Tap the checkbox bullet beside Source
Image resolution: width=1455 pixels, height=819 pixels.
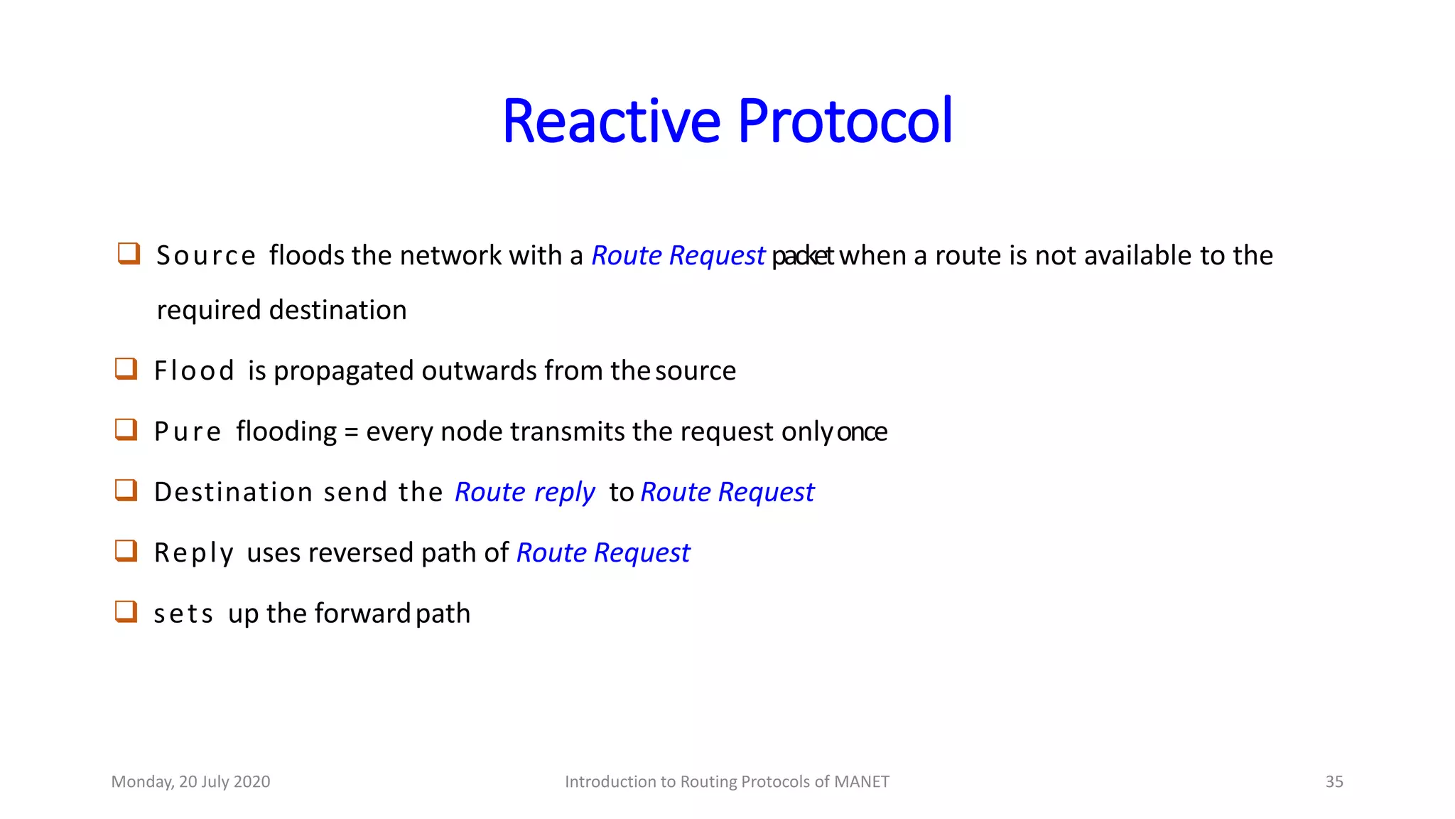click(129, 253)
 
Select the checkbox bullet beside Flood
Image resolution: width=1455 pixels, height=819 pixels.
click(126, 368)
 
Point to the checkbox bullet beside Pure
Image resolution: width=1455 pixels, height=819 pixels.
click(126, 429)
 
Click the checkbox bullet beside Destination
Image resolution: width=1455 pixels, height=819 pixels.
click(126, 490)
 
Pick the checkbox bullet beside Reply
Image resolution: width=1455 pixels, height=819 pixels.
click(126, 550)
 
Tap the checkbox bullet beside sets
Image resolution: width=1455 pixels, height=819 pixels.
click(126, 611)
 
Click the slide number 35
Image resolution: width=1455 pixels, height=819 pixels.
click(1334, 781)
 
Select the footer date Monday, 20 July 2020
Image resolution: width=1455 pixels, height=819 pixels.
click(190, 781)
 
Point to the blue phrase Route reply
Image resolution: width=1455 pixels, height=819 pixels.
click(524, 492)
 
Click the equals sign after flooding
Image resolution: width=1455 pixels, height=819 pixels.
click(351, 432)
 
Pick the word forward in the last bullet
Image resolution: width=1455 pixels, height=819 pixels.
click(362, 613)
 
